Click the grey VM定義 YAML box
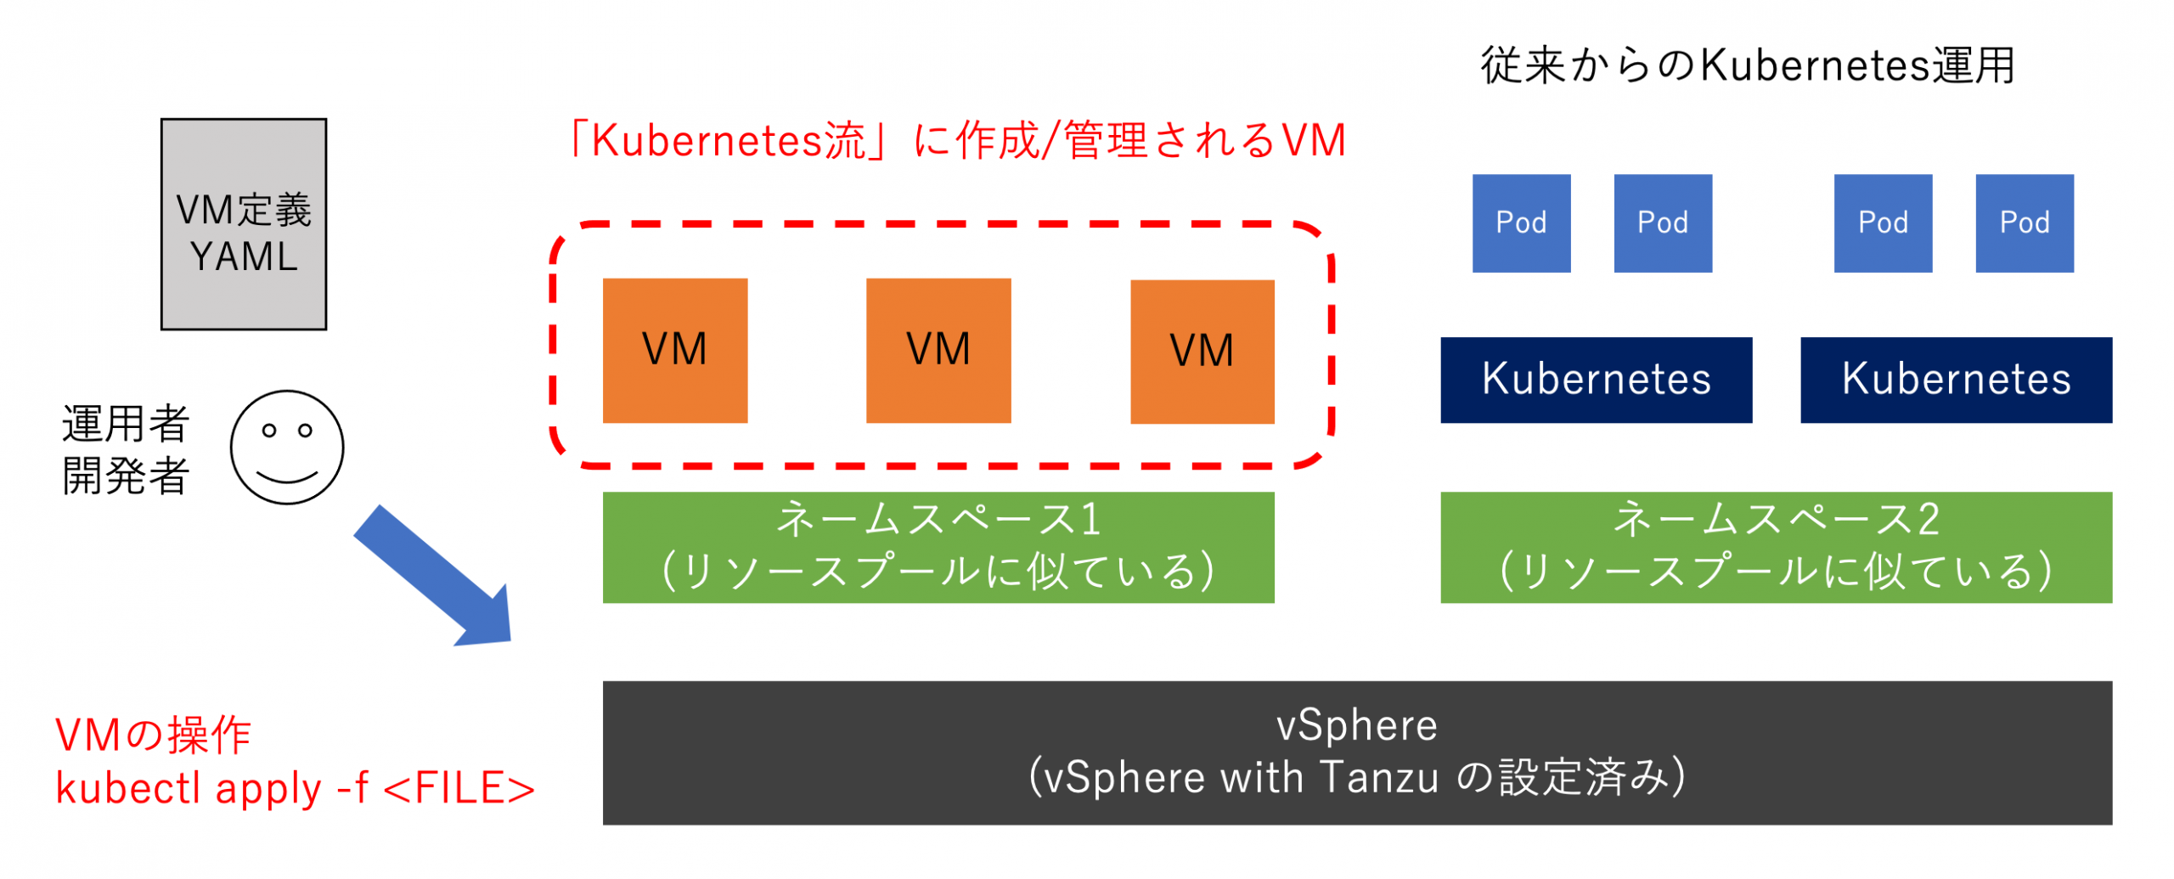pos(244,224)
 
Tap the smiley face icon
pos(287,448)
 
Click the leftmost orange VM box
pos(675,351)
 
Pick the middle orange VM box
pos(938,351)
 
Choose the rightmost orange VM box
pos(1202,352)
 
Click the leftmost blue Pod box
pos(1521,223)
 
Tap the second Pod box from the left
pos(1663,223)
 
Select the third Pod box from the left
pos(1883,223)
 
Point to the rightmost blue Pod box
pos(2025,223)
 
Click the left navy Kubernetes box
pos(1596,380)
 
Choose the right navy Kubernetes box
pos(1956,380)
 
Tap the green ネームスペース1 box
pos(938,547)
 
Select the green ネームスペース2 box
pos(1776,547)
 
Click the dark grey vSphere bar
pos(1357,752)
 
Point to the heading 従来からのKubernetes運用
pos(1748,65)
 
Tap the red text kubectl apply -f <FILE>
pos(295,789)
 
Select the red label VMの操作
pos(154,735)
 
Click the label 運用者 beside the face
pos(126,424)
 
